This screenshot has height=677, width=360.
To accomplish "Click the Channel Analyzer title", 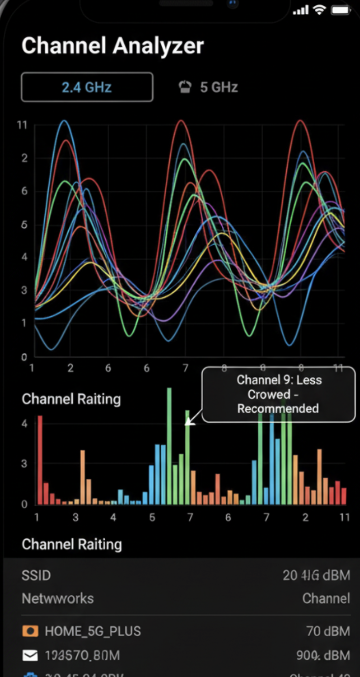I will pyautogui.click(x=112, y=46).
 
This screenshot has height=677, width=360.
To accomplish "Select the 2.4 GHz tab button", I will pyautogui.click(x=87, y=87).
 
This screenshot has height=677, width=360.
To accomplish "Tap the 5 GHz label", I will pyautogui.click(x=219, y=87).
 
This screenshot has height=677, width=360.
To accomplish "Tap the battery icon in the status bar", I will pyautogui.click(x=341, y=10).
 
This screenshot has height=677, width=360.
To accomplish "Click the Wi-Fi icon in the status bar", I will pyautogui.click(x=320, y=10).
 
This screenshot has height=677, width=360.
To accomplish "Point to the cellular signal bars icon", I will pyautogui.click(x=300, y=10).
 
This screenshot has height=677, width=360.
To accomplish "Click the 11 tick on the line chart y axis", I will pyautogui.click(x=22, y=125).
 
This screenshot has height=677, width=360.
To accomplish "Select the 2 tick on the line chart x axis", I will pyautogui.click(x=70, y=369).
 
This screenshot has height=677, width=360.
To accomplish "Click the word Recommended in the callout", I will pyautogui.click(x=278, y=408).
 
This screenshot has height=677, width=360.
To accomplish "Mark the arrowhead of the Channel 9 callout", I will pyautogui.click(x=188, y=423).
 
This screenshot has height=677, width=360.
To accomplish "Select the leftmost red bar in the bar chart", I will pyautogui.click(x=40, y=460).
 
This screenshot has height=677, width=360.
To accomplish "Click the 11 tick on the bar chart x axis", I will pyautogui.click(x=344, y=517).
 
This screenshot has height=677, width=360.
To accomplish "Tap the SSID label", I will pyautogui.click(x=36, y=575).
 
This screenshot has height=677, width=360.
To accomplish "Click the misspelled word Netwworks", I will pyautogui.click(x=58, y=598).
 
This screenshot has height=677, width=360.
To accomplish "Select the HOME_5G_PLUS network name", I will pyautogui.click(x=92, y=631).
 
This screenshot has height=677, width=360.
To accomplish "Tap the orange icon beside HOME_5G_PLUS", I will pyautogui.click(x=30, y=631).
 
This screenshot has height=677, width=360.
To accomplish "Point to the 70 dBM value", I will pyautogui.click(x=328, y=631).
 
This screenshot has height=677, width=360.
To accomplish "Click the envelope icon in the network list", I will pyautogui.click(x=30, y=655).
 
